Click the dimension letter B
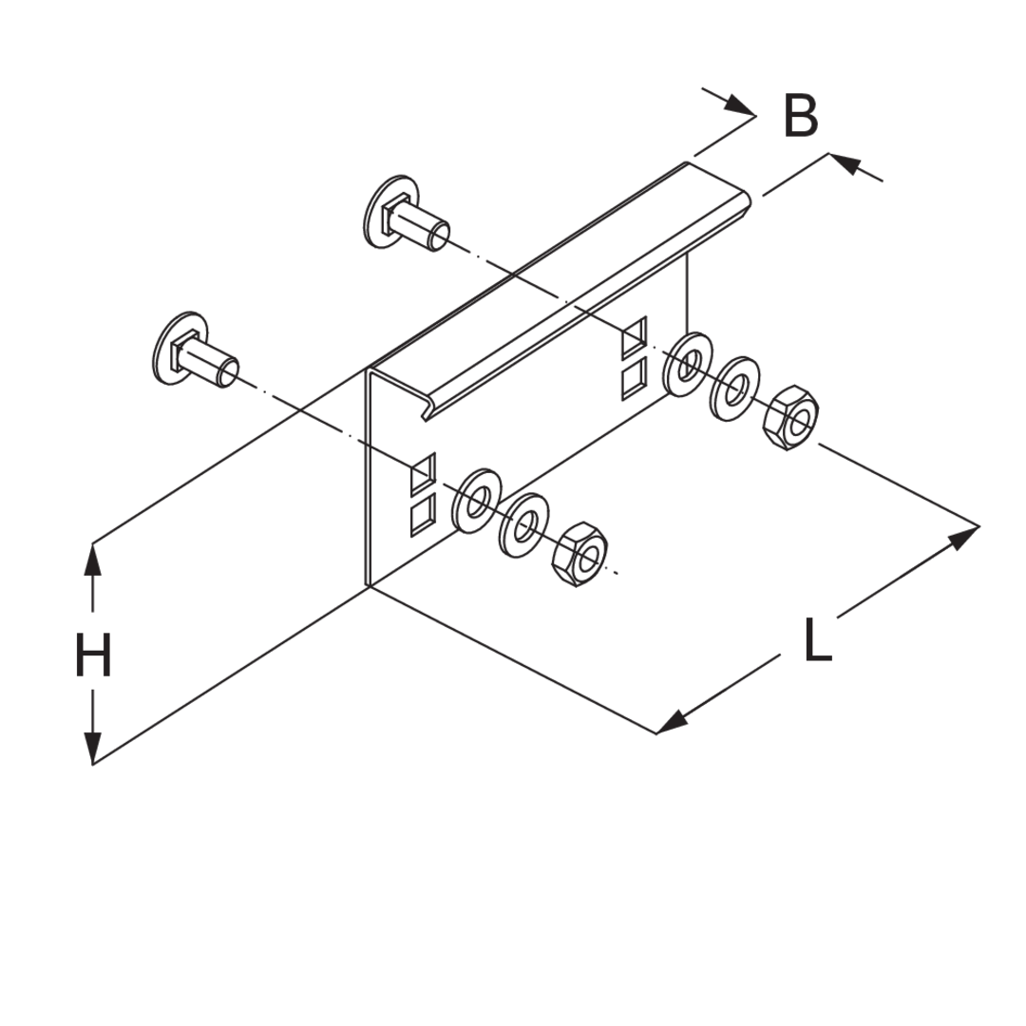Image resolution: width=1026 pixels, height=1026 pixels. tap(801, 117)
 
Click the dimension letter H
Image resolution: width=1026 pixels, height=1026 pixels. tap(93, 655)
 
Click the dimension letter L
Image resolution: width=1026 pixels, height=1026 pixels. tap(817, 640)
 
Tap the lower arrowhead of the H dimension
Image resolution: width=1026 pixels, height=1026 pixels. tap(93, 749)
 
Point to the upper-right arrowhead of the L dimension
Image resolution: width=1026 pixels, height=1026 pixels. tap(963, 538)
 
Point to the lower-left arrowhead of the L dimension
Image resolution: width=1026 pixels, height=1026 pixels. tap(672, 722)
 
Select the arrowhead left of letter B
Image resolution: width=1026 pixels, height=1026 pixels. tap(739, 104)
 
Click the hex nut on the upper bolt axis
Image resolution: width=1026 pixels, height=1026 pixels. tap(790, 417)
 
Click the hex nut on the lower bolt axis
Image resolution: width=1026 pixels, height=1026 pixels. tap(579, 554)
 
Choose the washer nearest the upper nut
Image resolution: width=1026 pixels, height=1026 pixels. tap(734, 389)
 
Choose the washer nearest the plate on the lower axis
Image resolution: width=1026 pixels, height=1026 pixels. tap(476, 501)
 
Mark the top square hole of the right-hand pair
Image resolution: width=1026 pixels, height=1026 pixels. tap(634, 336)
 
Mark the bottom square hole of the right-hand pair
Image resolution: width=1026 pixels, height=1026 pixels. tap(634, 377)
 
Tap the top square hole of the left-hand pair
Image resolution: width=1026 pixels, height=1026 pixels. tap(424, 474)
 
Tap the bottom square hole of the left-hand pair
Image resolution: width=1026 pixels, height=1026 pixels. tap(424, 515)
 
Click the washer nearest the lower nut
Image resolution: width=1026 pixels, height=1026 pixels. tap(524, 525)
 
